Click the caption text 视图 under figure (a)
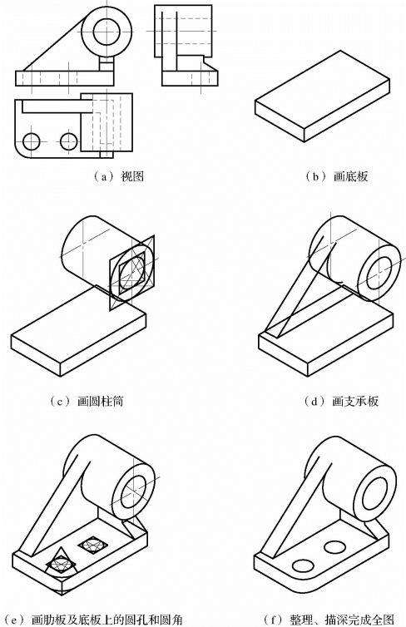[x=132, y=176]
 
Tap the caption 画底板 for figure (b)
[x=350, y=176]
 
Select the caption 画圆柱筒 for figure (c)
[x=100, y=401]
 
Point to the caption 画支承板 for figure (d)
[x=354, y=401]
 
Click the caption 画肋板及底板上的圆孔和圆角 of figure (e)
[x=106, y=620]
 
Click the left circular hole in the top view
[x=32, y=141]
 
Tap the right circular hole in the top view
[x=69, y=141]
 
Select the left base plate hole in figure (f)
[x=303, y=565]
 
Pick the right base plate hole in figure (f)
[x=335, y=546]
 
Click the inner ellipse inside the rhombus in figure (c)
[x=132, y=272]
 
